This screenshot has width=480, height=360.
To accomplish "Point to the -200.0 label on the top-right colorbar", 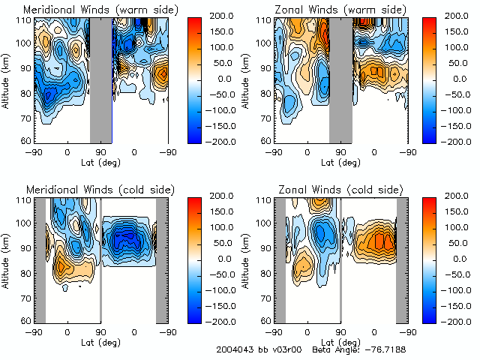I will tap(451, 140).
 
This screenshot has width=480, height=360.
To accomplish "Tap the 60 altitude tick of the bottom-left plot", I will tap(26, 320).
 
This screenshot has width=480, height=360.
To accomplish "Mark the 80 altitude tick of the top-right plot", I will tap(266, 92).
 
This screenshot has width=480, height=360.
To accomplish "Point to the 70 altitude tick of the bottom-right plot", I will tap(266, 296).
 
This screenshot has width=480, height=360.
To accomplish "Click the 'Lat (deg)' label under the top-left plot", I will tap(100, 160).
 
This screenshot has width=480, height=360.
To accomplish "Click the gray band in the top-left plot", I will tap(101, 79).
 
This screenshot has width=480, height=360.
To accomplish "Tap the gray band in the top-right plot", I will tap(340, 79).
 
